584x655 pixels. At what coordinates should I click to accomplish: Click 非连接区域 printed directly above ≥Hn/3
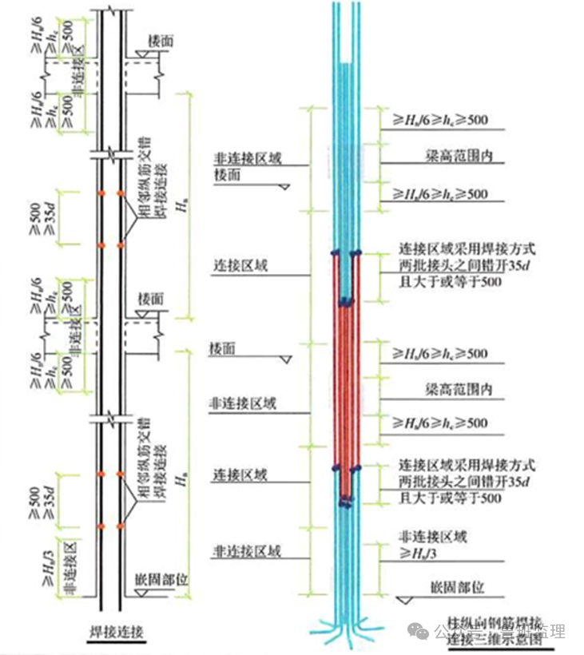(433, 536)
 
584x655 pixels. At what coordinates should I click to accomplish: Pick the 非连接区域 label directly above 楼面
(247, 159)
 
